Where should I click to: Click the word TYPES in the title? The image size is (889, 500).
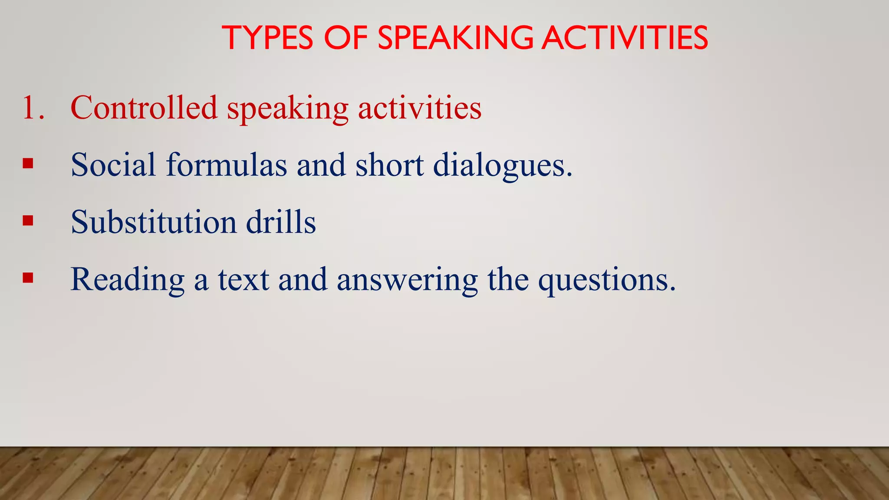tap(267, 38)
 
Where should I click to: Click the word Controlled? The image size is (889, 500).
tap(144, 108)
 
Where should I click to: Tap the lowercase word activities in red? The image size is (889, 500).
tap(419, 108)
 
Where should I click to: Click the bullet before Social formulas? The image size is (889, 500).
tap(28, 164)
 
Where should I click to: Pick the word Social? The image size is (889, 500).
tap(113, 165)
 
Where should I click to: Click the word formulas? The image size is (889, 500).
tap(226, 165)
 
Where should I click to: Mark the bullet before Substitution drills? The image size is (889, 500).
tap(28, 221)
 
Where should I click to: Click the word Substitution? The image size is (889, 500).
tap(154, 222)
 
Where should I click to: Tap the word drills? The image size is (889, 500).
tap(281, 222)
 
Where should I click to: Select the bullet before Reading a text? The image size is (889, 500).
tap(28, 278)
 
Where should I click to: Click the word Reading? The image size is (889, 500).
tap(128, 280)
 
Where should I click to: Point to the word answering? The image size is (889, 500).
tap(407, 280)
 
